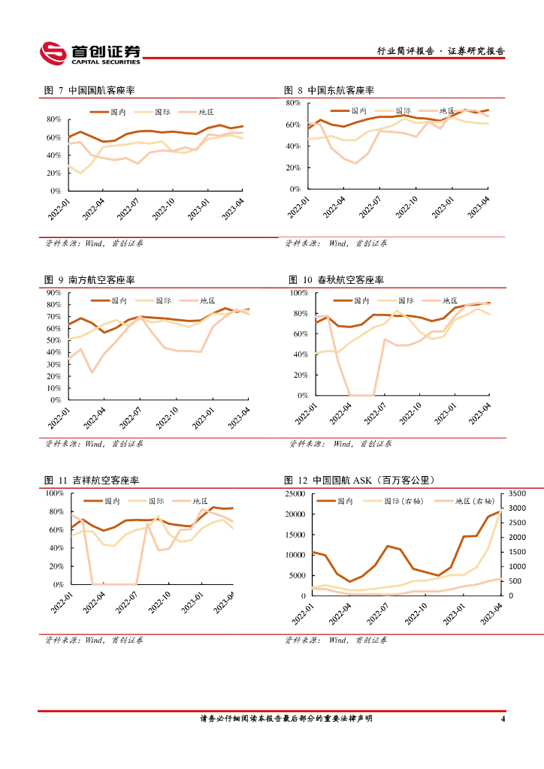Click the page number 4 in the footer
(503, 719)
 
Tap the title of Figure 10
(336, 280)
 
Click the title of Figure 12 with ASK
(361, 481)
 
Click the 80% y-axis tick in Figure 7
(53, 119)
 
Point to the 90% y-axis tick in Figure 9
(53, 292)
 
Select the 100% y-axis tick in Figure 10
(299, 292)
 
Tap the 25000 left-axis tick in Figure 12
(294, 493)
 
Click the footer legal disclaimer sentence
(286, 719)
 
